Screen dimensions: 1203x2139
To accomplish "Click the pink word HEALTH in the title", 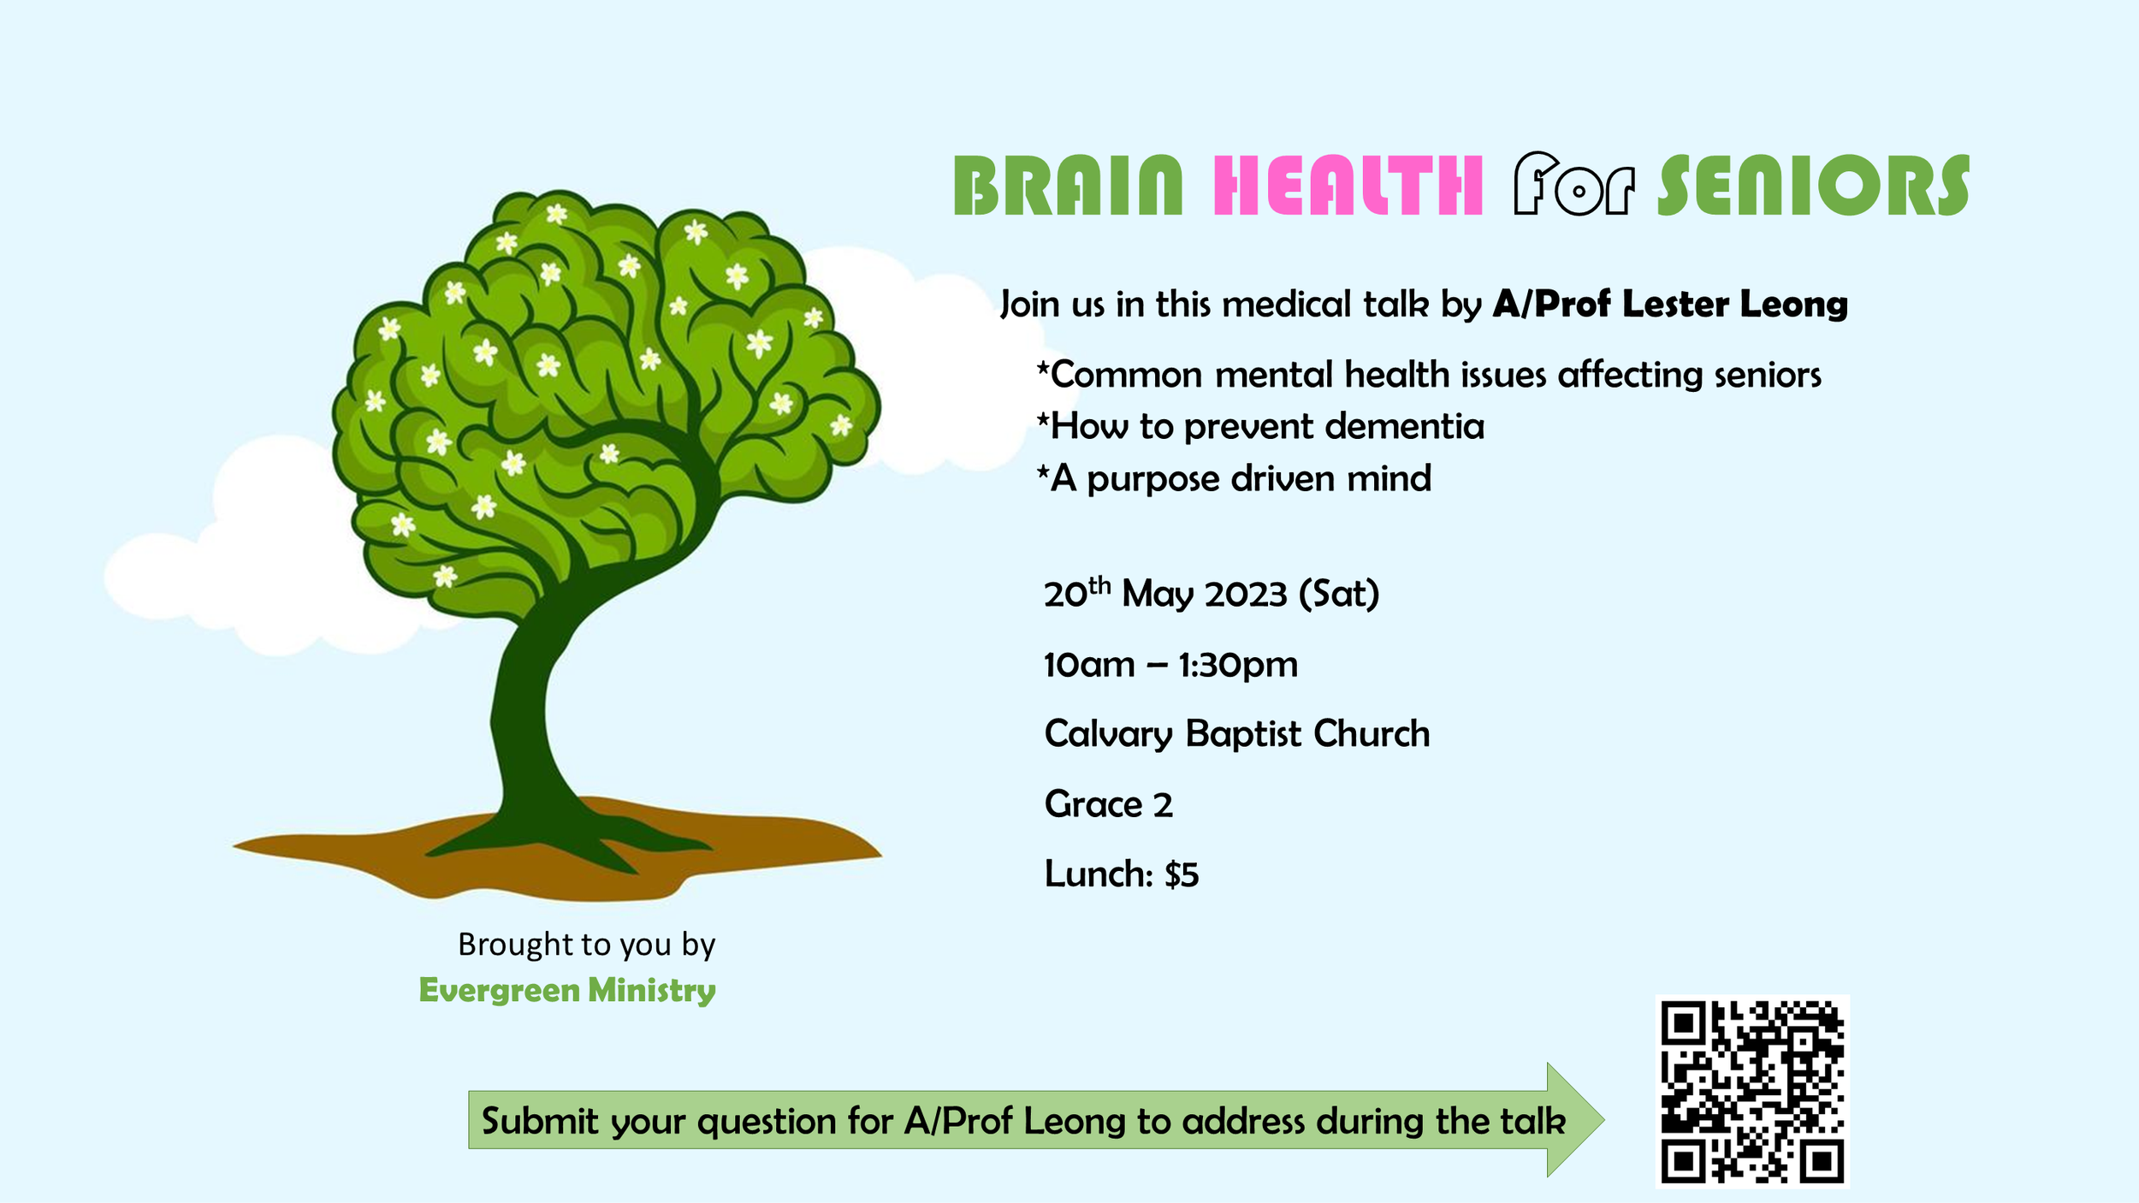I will (1348, 186).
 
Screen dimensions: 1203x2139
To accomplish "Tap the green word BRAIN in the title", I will (1068, 186).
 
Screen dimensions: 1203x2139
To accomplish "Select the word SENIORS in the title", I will (1814, 186).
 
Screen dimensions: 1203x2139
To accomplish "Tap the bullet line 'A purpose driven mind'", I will (1234, 479).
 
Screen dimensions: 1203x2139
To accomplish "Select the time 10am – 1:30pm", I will (1170, 665).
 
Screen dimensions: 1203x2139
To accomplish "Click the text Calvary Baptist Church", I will (1236, 734).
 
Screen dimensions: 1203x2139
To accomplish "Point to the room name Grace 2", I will (1108, 804).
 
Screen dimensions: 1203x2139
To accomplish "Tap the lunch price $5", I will (1182, 874).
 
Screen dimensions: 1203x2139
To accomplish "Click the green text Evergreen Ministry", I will (567, 990).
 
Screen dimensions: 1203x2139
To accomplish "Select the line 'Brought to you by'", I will (586, 945).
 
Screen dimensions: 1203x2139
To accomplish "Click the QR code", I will (1752, 1091).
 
